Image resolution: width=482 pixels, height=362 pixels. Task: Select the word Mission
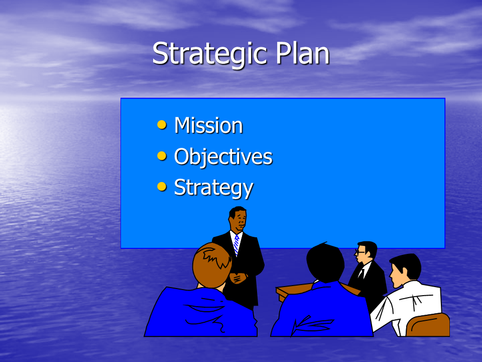(x=208, y=125)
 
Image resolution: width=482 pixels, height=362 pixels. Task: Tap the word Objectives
(x=223, y=157)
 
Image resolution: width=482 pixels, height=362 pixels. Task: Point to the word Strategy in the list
(x=214, y=188)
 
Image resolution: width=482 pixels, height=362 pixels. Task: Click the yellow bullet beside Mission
(x=162, y=125)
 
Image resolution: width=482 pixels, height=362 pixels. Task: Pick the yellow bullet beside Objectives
(x=162, y=156)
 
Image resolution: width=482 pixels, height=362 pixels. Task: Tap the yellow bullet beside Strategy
(x=162, y=187)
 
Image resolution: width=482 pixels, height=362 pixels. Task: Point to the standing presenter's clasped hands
(x=238, y=278)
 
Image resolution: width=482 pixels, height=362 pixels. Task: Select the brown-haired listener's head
(x=212, y=265)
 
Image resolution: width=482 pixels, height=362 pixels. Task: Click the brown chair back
(x=428, y=325)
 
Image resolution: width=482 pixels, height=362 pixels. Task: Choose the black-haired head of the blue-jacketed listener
(x=325, y=262)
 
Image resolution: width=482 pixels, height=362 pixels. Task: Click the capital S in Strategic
(x=160, y=54)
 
